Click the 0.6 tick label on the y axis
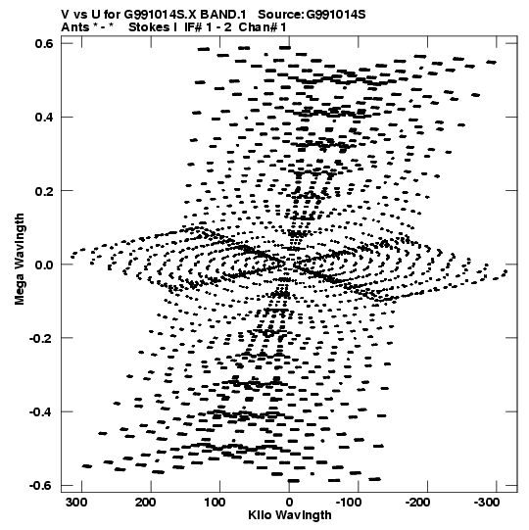(44, 43)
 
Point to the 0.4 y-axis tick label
(44, 117)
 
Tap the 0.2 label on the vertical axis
(44, 191)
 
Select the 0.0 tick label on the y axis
(44, 265)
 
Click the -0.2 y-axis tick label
(41, 338)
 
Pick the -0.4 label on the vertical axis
(41, 411)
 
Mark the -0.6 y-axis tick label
(41, 485)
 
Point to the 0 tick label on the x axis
(289, 503)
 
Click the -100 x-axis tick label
(349, 503)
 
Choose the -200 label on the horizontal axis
(417, 503)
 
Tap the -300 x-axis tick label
(487, 503)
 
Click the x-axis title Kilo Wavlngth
(290, 515)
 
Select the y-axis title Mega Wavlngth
(20, 259)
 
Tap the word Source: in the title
(281, 15)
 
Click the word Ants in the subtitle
(74, 27)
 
